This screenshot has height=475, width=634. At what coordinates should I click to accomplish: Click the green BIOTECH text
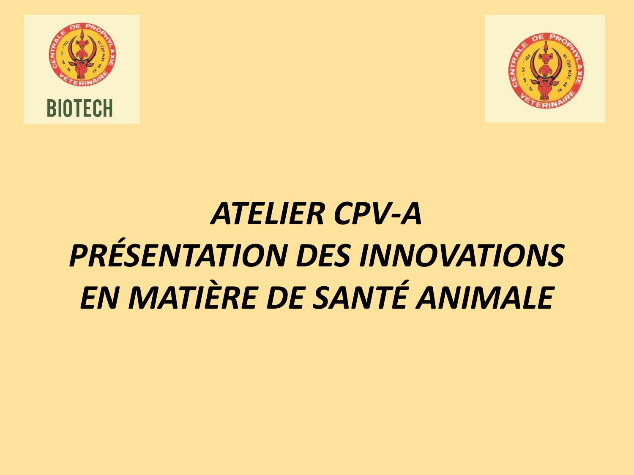point(80,109)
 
